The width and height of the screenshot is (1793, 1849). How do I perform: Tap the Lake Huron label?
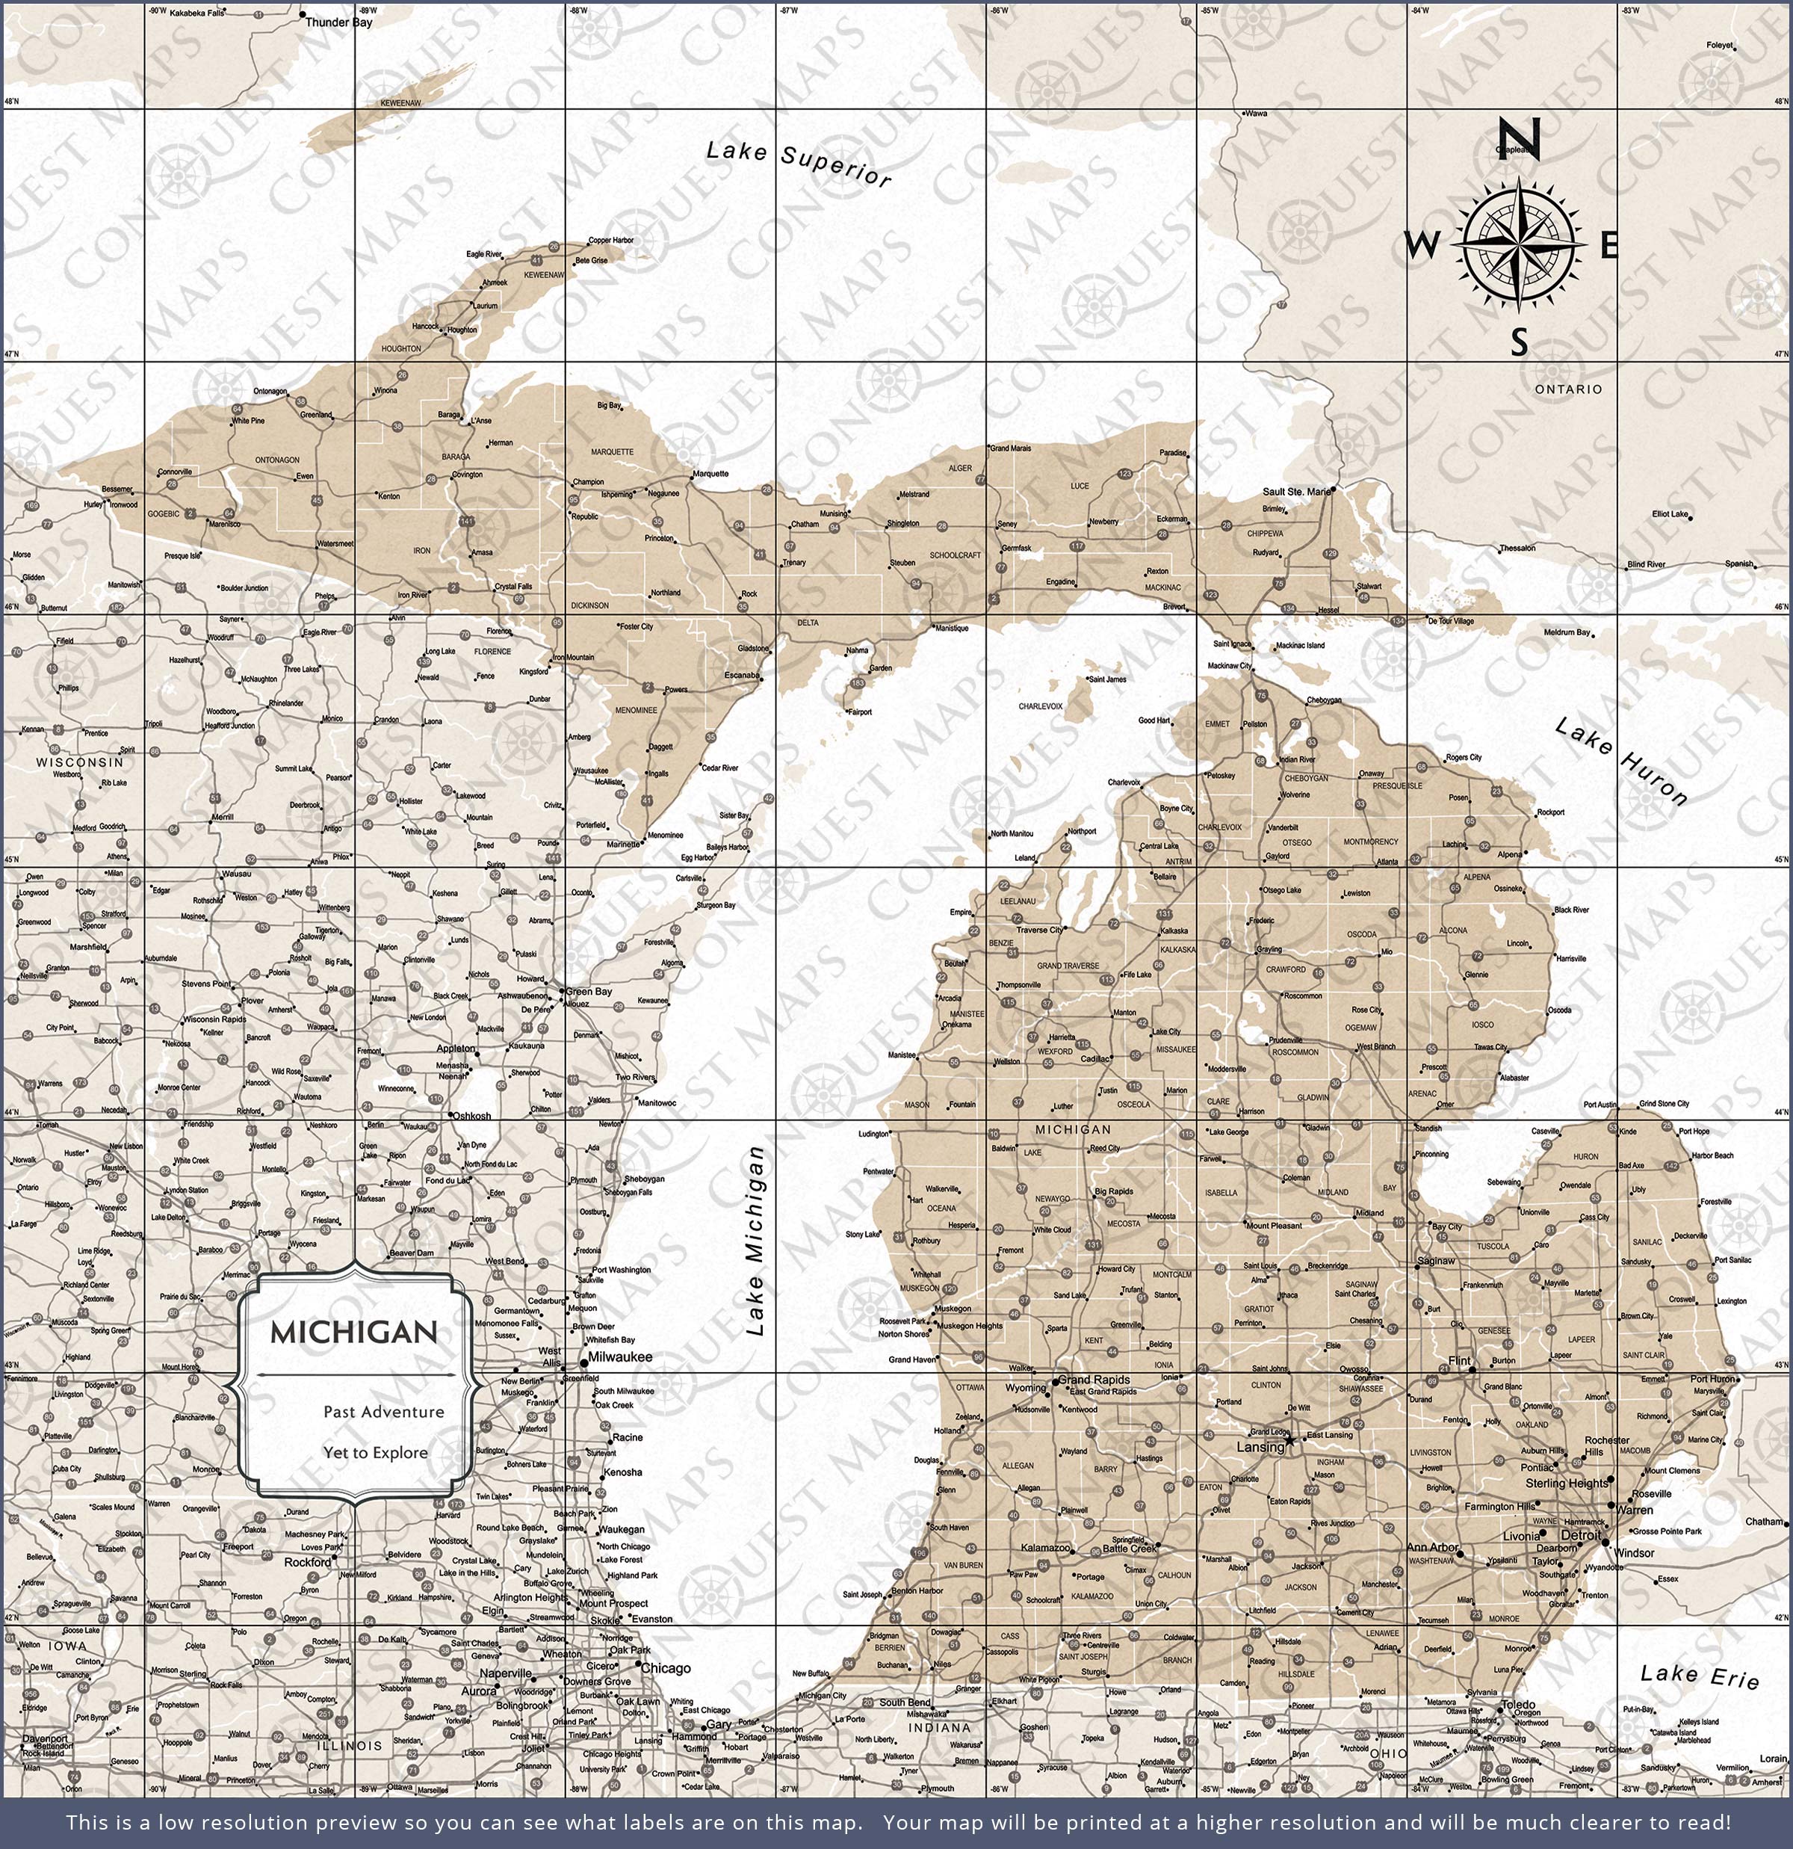(1620, 760)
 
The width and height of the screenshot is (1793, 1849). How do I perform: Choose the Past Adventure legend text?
(383, 1411)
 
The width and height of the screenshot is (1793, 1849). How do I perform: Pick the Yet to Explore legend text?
(375, 1452)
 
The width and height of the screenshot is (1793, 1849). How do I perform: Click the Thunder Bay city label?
(338, 22)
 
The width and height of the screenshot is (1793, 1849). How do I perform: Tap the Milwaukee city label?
(619, 1356)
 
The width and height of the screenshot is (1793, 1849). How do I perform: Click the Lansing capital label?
(1260, 1446)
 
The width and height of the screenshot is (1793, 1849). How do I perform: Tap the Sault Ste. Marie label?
(1297, 492)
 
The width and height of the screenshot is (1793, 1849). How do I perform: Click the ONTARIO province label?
(1567, 389)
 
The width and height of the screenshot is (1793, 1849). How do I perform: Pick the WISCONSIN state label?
(80, 762)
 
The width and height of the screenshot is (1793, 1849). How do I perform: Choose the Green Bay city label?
(589, 992)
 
